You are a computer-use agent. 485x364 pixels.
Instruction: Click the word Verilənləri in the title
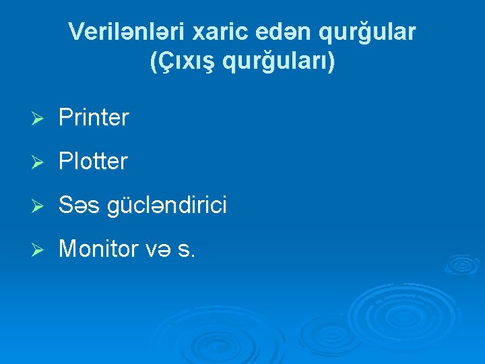pos(129,32)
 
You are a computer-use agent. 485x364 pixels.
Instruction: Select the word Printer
pos(94,118)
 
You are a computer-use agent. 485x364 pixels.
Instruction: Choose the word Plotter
pos(93,162)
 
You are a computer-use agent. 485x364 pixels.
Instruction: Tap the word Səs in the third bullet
pos(78,206)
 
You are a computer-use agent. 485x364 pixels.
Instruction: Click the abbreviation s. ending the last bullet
pos(187,250)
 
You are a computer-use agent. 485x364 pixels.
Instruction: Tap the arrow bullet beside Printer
pos(38,119)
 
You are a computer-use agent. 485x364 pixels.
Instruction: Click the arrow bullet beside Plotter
pos(38,162)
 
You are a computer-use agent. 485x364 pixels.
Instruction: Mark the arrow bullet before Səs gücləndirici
pos(38,206)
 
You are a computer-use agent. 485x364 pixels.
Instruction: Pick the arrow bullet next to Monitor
pos(38,250)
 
